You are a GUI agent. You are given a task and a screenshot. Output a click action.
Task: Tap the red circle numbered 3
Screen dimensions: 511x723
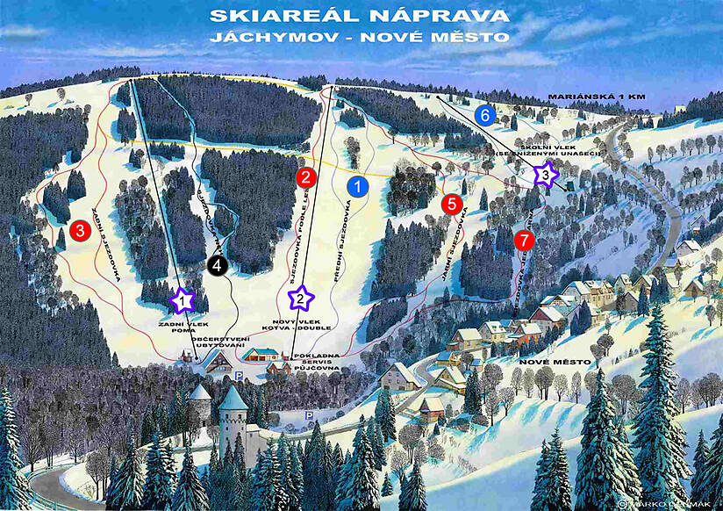80,232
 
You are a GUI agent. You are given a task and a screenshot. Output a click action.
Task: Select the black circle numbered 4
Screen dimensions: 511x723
218,264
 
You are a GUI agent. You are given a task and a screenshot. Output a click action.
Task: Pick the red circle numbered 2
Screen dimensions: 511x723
305,176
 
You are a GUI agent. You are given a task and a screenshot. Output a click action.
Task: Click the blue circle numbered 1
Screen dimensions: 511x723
358,186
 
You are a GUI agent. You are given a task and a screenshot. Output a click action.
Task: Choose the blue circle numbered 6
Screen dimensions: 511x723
484,114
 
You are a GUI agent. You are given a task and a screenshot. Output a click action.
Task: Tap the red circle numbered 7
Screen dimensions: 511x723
524,238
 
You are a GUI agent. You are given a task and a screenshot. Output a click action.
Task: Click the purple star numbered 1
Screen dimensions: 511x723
182,301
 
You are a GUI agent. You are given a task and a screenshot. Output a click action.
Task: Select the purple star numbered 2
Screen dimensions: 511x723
301,299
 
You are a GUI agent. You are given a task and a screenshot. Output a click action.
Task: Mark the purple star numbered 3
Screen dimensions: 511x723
546,175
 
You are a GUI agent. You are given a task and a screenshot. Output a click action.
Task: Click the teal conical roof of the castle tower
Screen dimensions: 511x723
233,399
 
